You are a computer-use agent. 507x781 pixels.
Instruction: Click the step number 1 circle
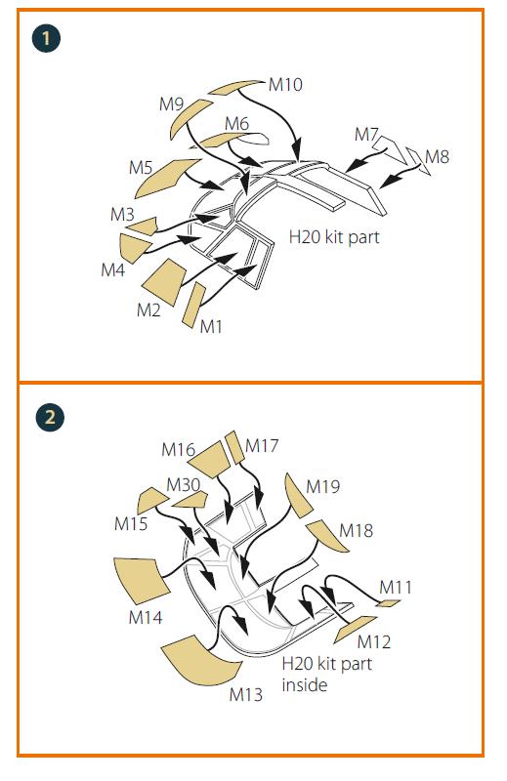click(x=46, y=38)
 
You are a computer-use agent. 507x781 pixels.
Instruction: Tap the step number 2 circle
click(x=50, y=417)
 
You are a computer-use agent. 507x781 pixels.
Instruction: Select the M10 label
click(x=285, y=85)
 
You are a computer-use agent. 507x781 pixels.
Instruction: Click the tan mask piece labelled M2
click(x=164, y=281)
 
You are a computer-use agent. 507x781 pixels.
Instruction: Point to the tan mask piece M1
click(x=193, y=305)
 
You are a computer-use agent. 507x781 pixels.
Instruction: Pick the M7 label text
click(x=366, y=134)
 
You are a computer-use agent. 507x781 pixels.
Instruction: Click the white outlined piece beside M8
click(x=418, y=160)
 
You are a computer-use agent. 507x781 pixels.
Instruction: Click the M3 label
click(x=122, y=214)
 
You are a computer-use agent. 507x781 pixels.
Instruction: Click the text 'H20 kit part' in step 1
click(x=334, y=237)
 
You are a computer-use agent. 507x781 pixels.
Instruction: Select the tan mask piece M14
click(x=141, y=580)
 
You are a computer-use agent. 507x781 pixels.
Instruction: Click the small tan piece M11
click(x=388, y=603)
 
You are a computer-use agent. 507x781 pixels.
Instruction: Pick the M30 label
click(x=184, y=484)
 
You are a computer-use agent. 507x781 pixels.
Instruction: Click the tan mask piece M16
click(x=210, y=459)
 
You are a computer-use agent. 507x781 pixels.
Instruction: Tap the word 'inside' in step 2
click(x=305, y=685)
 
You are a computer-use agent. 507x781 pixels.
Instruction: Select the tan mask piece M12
click(x=355, y=629)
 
